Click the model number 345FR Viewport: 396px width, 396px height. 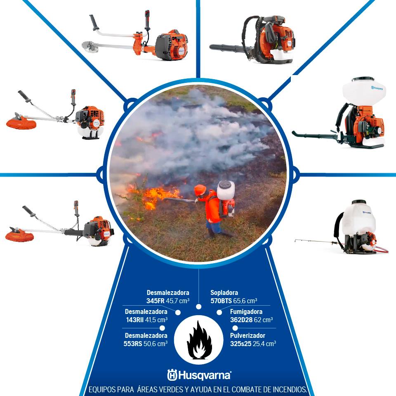click(x=156, y=301)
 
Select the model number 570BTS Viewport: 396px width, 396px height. click(x=221, y=301)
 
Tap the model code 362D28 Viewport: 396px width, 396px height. click(x=241, y=320)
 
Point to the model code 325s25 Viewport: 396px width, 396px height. click(x=240, y=344)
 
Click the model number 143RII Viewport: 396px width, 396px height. click(x=135, y=320)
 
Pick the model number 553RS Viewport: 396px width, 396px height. click(x=132, y=344)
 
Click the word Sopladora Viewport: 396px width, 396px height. click(x=224, y=292)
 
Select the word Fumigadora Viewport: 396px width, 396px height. click(x=246, y=311)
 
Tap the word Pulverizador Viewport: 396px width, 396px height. click(x=247, y=335)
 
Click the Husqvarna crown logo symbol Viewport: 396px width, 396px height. click(x=172, y=375)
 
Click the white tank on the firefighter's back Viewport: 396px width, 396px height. click(x=226, y=190)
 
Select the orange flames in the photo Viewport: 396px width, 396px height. click(x=155, y=198)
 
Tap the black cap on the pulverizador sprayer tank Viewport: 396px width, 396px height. click(x=359, y=202)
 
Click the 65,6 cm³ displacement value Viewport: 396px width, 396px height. click(x=245, y=301)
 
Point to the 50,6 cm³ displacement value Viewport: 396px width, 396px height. click(x=156, y=344)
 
